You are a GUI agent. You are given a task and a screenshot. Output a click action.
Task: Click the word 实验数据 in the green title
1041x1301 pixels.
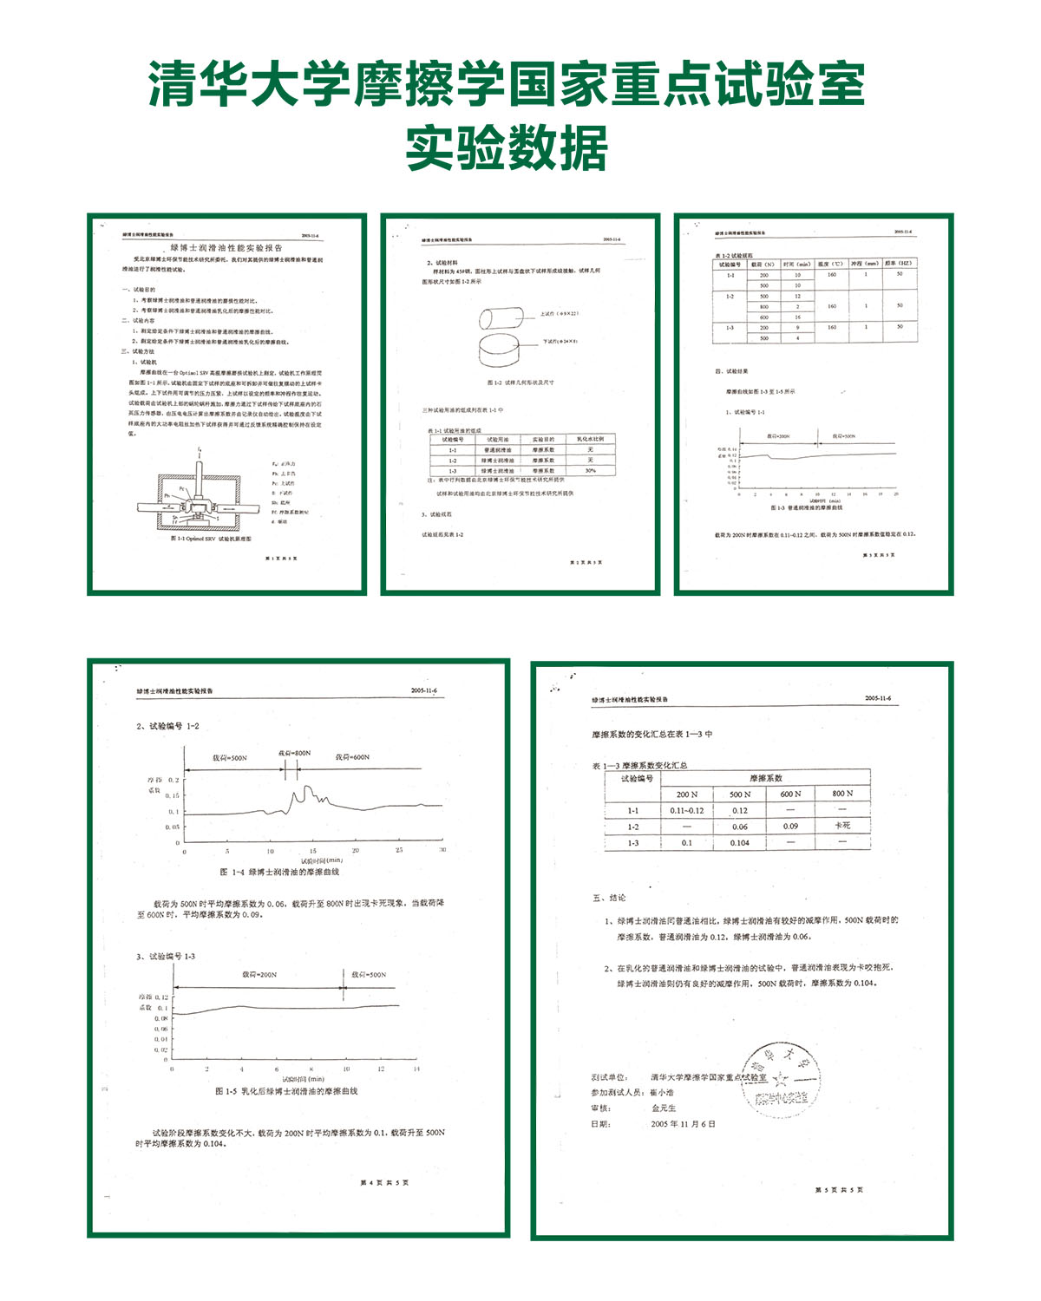click(507, 148)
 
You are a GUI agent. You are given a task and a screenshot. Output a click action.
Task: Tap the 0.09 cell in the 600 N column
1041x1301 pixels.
click(790, 827)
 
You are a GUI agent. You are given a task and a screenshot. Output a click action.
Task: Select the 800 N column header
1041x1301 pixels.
click(841, 794)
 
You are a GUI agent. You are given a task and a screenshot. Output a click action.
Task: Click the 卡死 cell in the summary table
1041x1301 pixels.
click(841, 826)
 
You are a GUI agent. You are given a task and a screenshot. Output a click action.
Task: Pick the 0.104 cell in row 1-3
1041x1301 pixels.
click(739, 843)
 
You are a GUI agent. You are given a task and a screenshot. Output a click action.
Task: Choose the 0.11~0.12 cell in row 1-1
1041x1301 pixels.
click(686, 811)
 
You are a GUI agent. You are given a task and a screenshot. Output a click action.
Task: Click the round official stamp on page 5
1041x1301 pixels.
click(780, 1081)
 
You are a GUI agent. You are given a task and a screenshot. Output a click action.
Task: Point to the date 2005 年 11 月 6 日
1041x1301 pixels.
click(684, 1124)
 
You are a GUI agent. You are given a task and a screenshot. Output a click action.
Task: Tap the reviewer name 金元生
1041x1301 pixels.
click(664, 1108)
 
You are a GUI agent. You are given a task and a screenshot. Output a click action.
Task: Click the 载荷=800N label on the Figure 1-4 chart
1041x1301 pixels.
click(294, 753)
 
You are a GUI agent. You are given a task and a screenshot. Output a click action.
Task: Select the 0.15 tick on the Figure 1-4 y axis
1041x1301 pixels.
click(172, 796)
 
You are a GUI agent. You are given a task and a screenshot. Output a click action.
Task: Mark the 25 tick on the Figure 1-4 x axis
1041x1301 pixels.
click(399, 851)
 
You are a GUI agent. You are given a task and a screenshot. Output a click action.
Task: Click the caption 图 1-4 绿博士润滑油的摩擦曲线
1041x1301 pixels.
click(279, 872)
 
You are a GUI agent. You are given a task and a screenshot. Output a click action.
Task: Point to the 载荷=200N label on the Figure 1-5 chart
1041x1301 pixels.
click(259, 975)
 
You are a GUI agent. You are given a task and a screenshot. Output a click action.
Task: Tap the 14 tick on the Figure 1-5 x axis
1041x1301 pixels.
click(416, 1069)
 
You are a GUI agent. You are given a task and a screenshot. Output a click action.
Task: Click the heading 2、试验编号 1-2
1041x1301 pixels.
click(167, 726)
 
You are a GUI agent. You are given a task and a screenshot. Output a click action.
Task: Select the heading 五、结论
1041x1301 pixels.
click(609, 898)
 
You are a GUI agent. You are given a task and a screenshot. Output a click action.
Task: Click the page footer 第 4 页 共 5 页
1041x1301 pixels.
click(384, 1182)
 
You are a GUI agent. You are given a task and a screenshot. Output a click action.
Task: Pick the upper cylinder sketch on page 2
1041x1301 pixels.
click(504, 317)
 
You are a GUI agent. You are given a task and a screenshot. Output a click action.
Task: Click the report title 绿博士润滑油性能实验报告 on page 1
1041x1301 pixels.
click(226, 248)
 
